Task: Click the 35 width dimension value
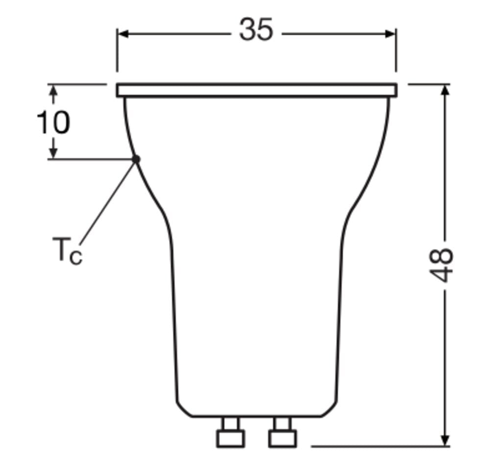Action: click(x=256, y=29)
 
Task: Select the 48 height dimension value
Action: click(x=441, y=265)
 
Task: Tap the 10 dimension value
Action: click(x=53, y=122)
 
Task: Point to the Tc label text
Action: click(x=67, y=251)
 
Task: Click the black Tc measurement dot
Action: click(x=136, y=159)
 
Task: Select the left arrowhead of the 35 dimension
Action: click(x=123, y=34)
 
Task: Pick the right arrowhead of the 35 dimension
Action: click(x=390, y=34)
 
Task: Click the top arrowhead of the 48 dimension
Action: click(x=445, y=90)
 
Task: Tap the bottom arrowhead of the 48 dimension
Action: click(x=445, y=440)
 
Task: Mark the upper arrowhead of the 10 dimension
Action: click(x=54, y=90)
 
